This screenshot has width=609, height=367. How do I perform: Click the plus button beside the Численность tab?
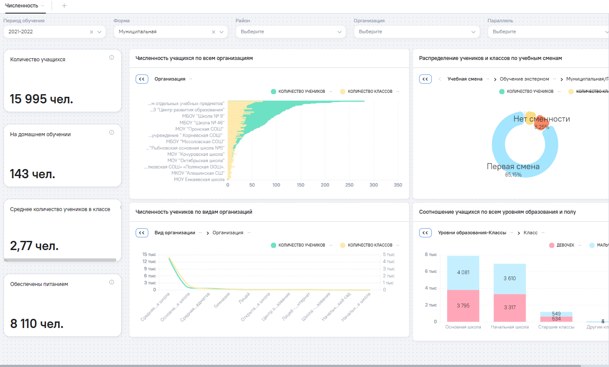coord(64,6)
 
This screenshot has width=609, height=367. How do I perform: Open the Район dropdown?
coord(290,32)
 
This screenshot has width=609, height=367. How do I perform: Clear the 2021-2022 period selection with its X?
coord(91,32)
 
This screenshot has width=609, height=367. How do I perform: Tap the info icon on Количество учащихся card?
coord(112,57)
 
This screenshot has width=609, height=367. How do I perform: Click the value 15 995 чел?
coord(42,99)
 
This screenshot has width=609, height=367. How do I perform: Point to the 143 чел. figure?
coord(33,174)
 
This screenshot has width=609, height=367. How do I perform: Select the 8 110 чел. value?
coord(37,324)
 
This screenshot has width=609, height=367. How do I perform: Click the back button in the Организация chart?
coord(142,79)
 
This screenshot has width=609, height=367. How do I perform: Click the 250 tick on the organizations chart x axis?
coord(349,185)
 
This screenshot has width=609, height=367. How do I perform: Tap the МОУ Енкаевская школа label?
coord(199,179)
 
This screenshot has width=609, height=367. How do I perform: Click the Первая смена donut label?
coord(513,167)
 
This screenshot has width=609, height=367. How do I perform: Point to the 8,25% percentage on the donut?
coord(542,127)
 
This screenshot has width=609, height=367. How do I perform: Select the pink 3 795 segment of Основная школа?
coord(463,306)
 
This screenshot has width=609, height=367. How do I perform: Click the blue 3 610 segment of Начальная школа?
coord(509,279)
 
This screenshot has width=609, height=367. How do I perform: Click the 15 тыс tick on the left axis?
coord(149,254)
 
